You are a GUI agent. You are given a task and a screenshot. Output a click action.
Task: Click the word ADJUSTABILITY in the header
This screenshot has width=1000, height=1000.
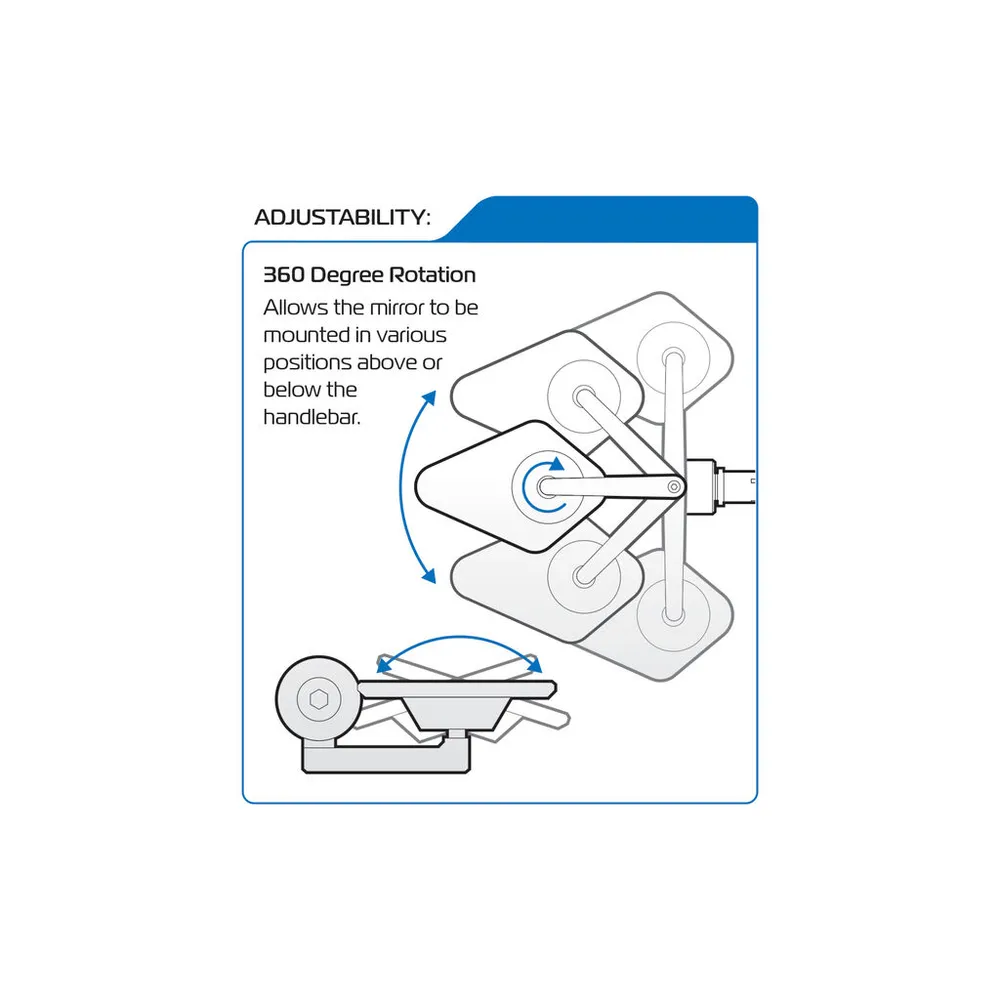point(339,217)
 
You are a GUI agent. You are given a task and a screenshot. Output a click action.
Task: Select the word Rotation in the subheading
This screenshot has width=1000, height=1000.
point(432,275)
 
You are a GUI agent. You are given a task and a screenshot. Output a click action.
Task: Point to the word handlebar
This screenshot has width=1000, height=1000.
point(312,417)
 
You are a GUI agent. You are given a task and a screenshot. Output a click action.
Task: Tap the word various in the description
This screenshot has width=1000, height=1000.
point(411,335)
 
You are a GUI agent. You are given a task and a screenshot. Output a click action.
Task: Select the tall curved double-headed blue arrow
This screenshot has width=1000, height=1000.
point(401,487)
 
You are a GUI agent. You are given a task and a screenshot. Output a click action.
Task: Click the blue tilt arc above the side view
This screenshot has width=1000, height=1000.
point(459,638)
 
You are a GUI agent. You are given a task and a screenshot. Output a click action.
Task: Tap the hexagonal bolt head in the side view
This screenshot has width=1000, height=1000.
point(318,700)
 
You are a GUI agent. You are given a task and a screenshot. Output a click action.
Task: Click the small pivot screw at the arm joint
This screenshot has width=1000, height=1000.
point(673,488)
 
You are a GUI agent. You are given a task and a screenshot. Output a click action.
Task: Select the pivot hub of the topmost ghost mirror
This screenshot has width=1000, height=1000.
point(673,357)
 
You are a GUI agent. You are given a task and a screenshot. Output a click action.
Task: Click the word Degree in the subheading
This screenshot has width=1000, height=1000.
point(347,275)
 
